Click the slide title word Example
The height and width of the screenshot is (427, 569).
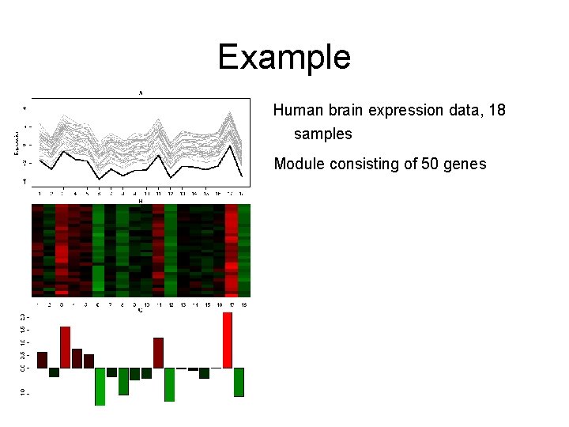(x=284, y=57)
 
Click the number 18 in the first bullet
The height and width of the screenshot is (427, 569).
(x=496, y=110)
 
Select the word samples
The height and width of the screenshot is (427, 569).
(x=322, y=134)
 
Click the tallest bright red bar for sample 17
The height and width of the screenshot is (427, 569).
(x=228, y=340)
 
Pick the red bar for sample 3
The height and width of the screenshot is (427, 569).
(x=66, y=347)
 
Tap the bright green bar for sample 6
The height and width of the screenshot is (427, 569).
(x=100, y=386)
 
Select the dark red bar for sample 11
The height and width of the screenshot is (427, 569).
(x=158, y=353)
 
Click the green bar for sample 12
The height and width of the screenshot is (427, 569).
(x=170, y=384)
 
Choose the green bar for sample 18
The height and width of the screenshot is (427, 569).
(x=239, y=382)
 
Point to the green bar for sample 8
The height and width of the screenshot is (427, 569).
(x=123, y=381)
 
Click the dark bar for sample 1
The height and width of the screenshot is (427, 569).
(x=43, y=360)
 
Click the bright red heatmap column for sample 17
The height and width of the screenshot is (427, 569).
(x=232, y=249)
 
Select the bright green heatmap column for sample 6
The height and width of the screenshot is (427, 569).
(x=99, y=249)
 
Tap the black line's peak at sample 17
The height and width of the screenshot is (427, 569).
(x=230, y=145)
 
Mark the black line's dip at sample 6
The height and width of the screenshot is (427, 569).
(x=99, y=179)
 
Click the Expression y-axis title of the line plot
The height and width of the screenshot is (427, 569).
(x=17, y=142)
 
